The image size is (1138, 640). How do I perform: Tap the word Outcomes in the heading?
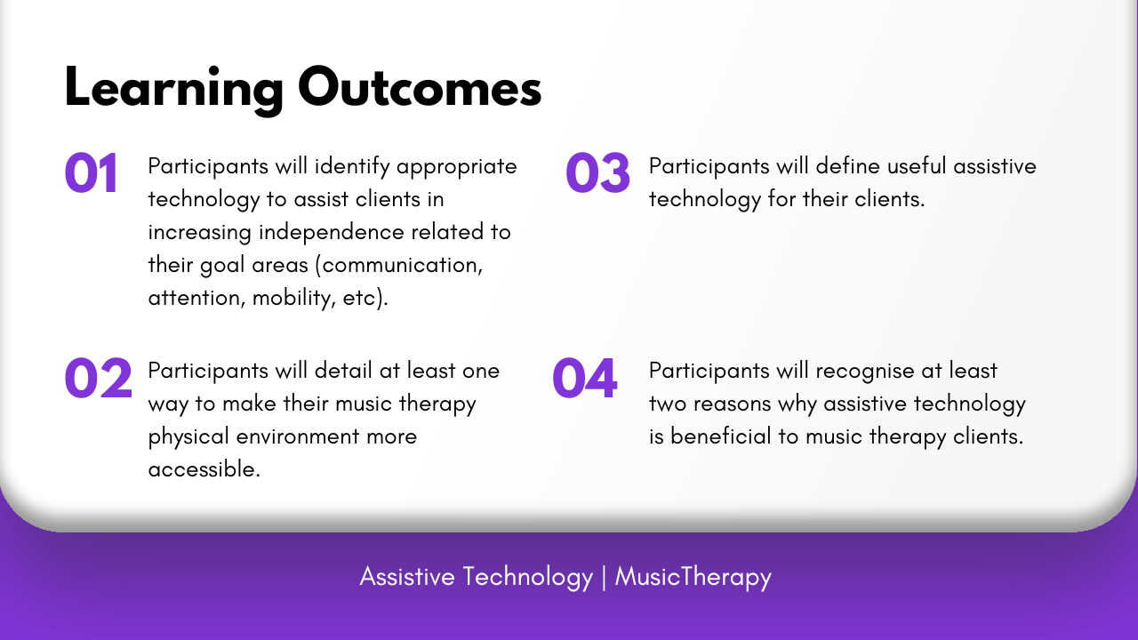tap(420, 87)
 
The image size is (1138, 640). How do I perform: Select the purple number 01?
tap(92, 172)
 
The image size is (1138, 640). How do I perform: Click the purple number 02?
tap(98, 378)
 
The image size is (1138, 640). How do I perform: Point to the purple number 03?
tap(597, 172)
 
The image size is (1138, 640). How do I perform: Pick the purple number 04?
tap(585, 378)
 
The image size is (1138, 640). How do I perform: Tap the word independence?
tap(332, 232)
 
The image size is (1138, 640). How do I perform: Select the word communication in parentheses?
tap(401, 266)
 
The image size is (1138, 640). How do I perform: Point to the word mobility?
tap(294, 298)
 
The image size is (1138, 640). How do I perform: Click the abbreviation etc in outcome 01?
tap(360, 298)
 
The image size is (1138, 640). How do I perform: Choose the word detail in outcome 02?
tap(343, 371)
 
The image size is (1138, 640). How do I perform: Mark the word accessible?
tap(204, 469)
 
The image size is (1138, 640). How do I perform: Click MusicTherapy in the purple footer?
tap(693, 578)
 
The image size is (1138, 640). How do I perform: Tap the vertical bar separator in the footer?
tap(604, 577)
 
